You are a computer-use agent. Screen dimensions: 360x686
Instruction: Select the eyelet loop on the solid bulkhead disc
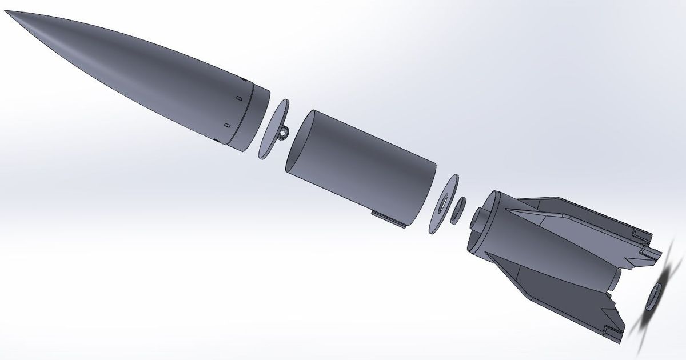click(x=283, y=133)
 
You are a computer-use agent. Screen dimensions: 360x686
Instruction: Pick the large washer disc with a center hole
click(x=445, y=204)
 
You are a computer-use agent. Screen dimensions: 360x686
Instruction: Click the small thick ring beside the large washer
click(x=458, y=210)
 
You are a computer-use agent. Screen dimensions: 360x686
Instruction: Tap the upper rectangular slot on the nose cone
click(x=236, y=98)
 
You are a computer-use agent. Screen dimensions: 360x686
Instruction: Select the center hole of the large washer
click(x=443, y=205)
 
